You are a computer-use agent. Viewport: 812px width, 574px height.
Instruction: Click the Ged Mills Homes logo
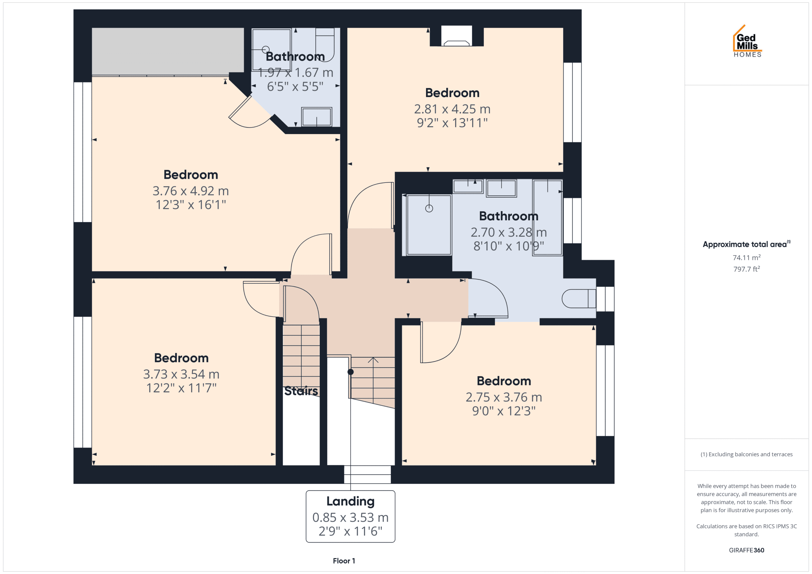tap(747, 41)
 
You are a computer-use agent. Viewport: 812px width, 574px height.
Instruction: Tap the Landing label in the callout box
tap(350, 501)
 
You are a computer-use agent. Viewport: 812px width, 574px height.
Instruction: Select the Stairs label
tap(301, 391)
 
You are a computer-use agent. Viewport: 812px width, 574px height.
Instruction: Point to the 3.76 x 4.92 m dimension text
tap(191, 191)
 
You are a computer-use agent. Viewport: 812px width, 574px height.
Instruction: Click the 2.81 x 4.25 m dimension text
tap(452, 109)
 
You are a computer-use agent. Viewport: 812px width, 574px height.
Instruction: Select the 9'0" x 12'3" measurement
tap(504, 411)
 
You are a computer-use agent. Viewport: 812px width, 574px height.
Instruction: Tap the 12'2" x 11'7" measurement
tap(181, 388)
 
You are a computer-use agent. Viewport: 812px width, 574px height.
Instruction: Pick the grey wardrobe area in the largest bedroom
tap(168, 51)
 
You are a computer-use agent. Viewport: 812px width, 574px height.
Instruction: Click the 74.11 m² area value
tap(747, 257)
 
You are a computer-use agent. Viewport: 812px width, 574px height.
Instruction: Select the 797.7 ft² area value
tap(747, 269)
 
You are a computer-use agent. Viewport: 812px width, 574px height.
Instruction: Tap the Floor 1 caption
tap(344, 561)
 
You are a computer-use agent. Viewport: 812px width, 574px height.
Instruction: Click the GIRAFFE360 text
tap(747, 550)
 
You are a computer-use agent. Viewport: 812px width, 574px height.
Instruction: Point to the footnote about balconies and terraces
tap(747, 454)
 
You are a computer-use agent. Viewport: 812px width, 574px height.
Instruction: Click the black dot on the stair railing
tap(350, 372)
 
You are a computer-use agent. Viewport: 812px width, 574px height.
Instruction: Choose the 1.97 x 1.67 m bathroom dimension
tap(296, 73)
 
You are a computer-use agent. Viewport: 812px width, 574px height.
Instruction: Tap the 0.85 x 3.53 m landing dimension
tap(350, 518)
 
